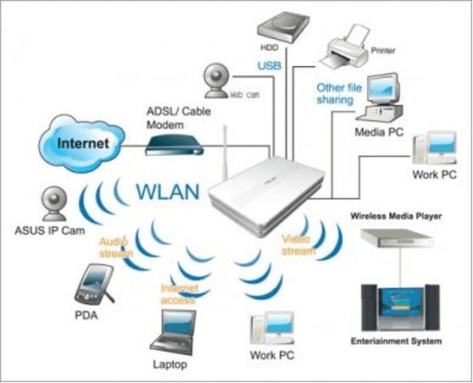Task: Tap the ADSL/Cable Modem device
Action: point(174,147)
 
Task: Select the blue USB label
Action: point(270,65)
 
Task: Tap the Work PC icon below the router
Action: point(269,330)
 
